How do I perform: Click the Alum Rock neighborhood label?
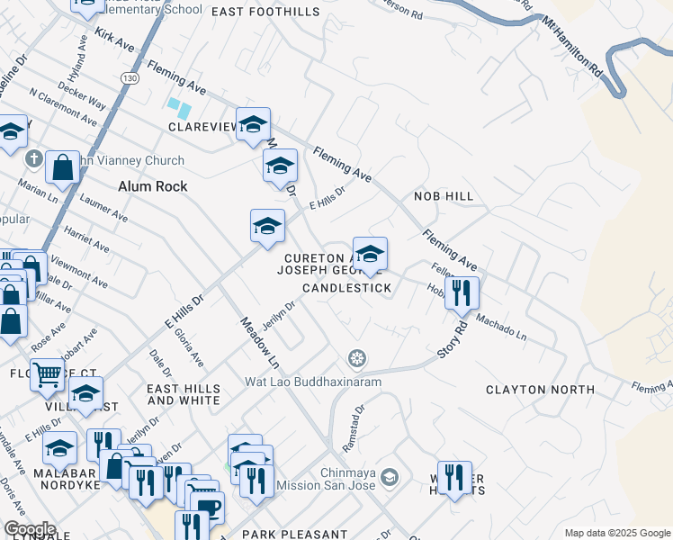(153, 186)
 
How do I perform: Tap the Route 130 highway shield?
(131, 78)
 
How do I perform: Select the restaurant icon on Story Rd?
(462, 292)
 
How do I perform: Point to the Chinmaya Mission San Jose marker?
(390, 476)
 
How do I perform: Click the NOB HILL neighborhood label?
(443, 195)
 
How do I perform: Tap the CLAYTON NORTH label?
(540, 390)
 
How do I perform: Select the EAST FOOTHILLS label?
(265, 12)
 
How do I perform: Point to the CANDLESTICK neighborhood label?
(346, 288)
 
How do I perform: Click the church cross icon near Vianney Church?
(34, 160)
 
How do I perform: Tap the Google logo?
(30, 529)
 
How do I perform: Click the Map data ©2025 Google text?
(617, 533)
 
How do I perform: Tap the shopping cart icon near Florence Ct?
(48, 373)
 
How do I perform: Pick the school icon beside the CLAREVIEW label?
(253, 124)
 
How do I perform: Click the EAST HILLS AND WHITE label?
(183, 393)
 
